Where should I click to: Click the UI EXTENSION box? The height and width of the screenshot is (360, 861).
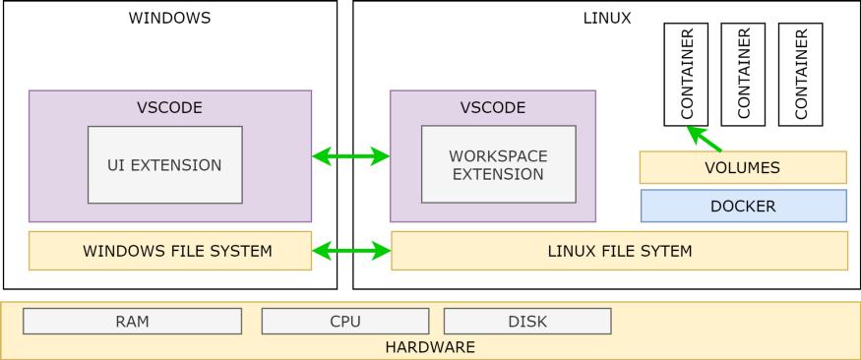click(164, 165)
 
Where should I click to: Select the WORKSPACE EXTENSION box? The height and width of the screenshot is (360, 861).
click(497, 165)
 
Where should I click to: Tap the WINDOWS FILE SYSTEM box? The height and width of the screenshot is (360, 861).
click(170, 251)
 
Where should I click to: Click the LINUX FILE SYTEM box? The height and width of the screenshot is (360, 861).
click(619, 251)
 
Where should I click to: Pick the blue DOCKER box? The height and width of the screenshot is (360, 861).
click(743, 207)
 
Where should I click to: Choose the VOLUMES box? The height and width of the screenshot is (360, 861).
click(743, 168)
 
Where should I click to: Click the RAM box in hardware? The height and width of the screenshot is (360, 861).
click(132, 322)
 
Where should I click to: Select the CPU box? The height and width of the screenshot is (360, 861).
click(345, 322)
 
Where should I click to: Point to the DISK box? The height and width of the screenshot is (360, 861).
click(527, 322)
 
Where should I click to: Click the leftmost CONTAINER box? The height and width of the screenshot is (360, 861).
click(687, 74)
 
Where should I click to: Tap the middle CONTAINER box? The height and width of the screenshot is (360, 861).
click(743, 74)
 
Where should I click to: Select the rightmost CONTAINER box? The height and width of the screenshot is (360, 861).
click(800, 74)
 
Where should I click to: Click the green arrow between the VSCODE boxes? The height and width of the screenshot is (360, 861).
click(351, 156)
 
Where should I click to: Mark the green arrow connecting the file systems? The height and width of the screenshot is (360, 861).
click(351, 252)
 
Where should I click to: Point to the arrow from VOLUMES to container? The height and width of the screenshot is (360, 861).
click(705, 138)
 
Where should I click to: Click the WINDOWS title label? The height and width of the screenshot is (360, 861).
click(169, 18)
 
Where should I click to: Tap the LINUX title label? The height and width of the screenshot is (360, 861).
click(607, 18)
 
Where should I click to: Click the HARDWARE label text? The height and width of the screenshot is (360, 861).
click(430, 347)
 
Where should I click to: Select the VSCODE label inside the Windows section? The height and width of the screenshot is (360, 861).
click(169, 107)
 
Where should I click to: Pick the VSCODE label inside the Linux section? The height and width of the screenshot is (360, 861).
click(493, 107)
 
